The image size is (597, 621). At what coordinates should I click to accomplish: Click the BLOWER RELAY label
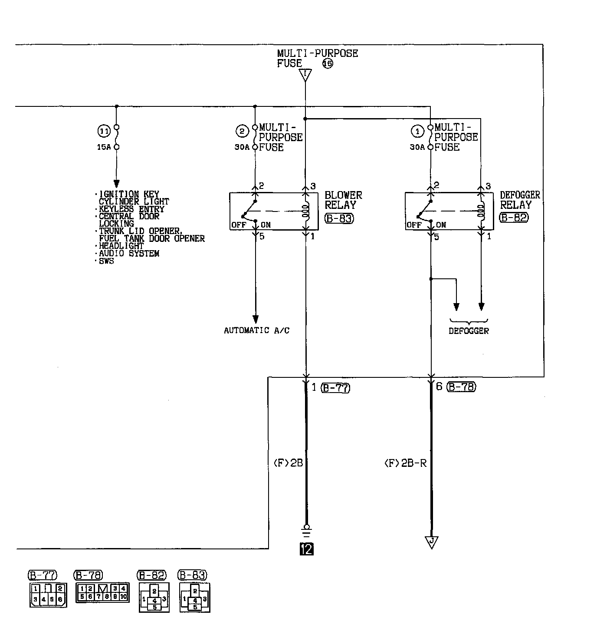coord(343,200)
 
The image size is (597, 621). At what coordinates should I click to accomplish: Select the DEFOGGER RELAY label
coord(520,200)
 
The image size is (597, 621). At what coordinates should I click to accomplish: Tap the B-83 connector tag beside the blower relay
coord(339,218)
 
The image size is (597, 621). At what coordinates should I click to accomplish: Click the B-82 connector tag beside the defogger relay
coord(514,218)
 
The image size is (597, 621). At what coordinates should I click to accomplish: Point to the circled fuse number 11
coord(104,130)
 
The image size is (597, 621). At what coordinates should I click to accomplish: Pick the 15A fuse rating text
coord(103,147)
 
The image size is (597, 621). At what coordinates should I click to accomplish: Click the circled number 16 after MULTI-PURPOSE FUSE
coord(328,64)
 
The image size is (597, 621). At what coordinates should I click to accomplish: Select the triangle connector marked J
coord(431,542)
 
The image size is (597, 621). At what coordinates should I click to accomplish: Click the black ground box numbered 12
coord(306,549)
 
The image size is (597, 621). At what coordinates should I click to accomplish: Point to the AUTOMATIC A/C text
coord(256,330)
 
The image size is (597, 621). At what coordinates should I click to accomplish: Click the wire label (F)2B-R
coord(405,463)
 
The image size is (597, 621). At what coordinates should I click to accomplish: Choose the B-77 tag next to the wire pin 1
coord(335,388)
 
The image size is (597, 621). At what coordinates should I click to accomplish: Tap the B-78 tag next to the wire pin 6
coord(461,387)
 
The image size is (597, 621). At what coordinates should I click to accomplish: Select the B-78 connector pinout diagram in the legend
coord(102,592)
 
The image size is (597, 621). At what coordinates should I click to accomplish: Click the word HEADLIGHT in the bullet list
coord(121,246)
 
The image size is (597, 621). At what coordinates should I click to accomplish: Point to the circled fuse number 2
coord(242,131)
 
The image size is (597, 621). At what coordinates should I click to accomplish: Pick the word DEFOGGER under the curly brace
coord(469,331)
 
